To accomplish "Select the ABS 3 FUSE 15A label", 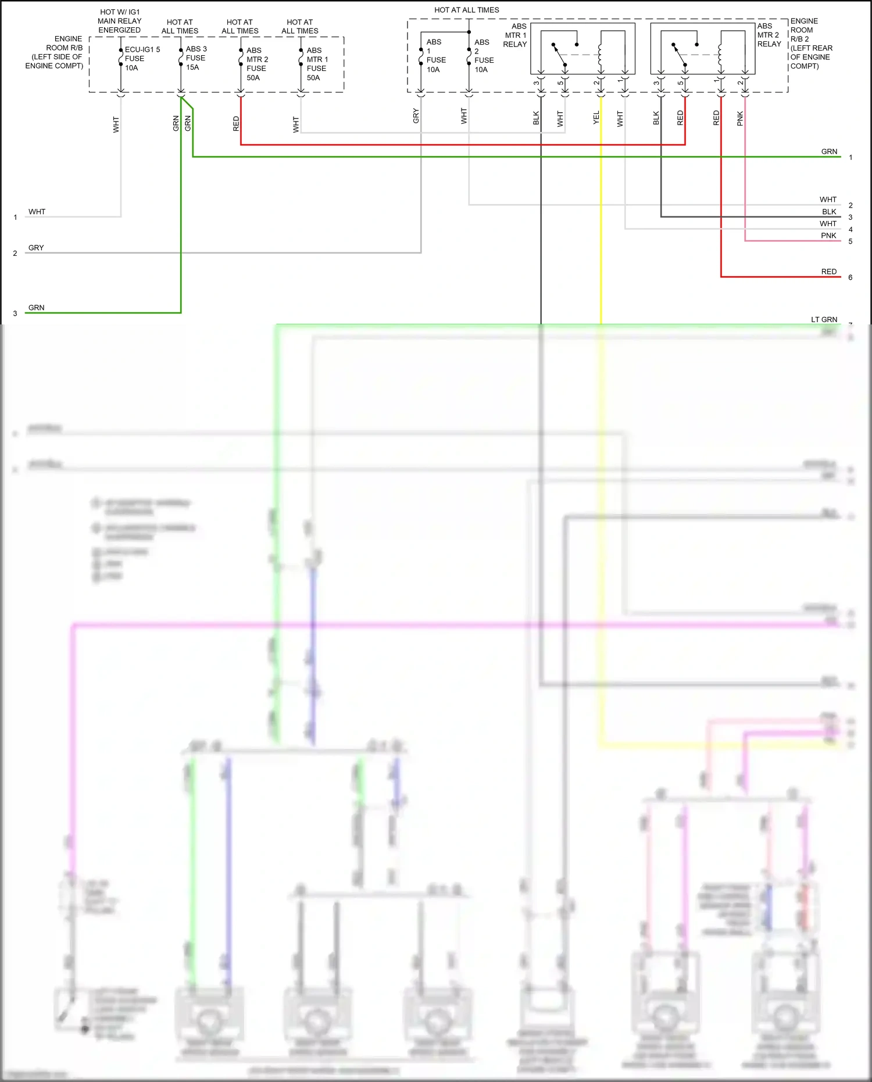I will point(196,58).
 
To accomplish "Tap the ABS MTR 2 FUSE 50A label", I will point(256,64).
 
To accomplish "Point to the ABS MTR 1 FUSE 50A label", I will point(317,64).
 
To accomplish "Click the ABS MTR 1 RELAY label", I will point(515,35).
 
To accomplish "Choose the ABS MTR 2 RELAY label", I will point(769,35).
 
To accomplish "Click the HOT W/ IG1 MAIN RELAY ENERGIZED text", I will point(119,21).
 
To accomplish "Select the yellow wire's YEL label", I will point(596,117).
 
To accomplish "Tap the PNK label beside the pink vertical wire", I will point(740,119).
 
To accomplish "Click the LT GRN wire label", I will point(824,319).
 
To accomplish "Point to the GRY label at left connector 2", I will point(36,248).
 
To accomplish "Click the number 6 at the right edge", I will point(850,277).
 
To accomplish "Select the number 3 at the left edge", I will point(15,313).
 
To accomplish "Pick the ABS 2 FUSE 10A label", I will point(483,56).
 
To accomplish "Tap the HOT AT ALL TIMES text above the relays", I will point(466,10).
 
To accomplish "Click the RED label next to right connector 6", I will point(828,272).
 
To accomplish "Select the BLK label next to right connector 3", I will point(829,212).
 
